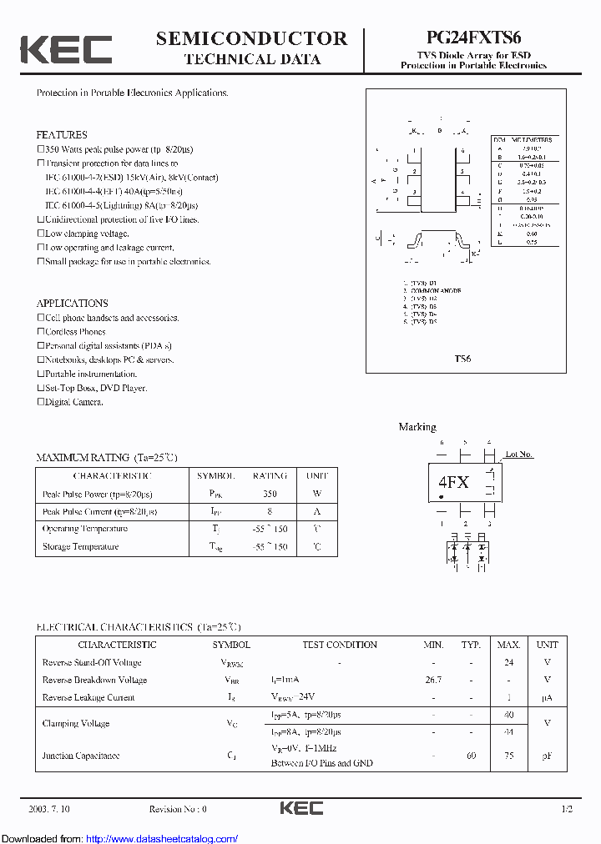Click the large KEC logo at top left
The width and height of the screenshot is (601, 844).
tap(66, 49)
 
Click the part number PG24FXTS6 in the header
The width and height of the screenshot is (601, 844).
tap(473, 38)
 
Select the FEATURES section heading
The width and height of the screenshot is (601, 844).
tap(62, 134)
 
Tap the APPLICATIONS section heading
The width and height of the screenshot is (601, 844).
tap(72, 304)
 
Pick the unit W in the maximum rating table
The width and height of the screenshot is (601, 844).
tap(317, 494)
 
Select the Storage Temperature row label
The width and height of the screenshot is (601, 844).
tap(81, 547)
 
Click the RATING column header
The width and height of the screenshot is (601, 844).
tap(270, 475)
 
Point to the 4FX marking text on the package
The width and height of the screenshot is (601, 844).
tap(453, 483)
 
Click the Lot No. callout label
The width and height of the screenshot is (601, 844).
tap(518, 455)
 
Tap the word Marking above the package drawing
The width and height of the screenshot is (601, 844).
tap(417, 427)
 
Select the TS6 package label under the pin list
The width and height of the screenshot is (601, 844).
tap(462, 359)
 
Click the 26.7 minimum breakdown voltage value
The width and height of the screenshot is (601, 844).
tap(433, 680)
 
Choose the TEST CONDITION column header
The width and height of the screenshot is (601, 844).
tap(340, 645)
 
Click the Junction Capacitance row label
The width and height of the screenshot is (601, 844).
tap(81, 756)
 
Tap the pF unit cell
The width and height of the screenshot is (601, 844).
tap(547, 756)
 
